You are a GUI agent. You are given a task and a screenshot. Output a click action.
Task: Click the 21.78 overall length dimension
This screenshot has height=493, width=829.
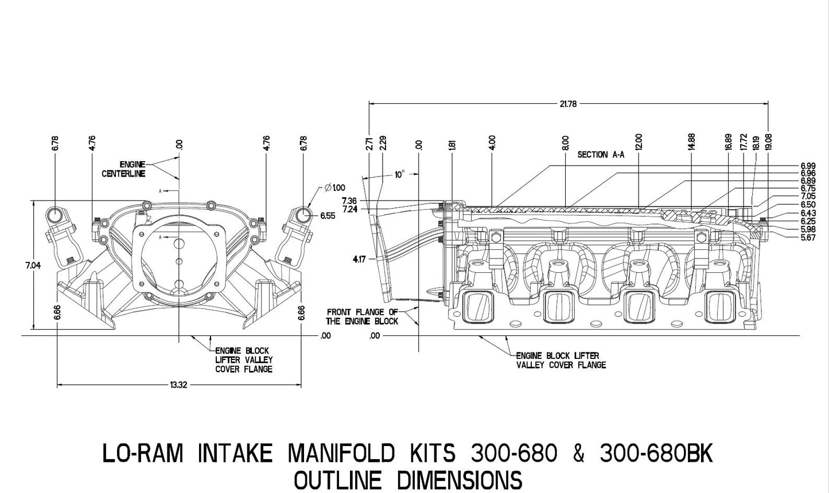[567, 104]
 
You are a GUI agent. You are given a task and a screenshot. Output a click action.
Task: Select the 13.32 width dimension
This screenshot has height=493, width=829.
[179, 385]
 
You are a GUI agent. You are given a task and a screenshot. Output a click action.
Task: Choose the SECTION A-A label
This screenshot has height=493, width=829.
[600, 155]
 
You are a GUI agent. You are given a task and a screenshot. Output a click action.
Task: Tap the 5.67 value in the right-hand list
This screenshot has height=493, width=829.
[808, 238]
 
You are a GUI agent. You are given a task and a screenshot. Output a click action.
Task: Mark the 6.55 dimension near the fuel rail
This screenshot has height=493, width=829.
[328, 216]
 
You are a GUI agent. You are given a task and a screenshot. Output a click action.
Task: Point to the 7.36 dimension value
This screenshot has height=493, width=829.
[349, 201]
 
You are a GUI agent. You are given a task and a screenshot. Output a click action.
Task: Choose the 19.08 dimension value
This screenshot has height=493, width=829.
[769, 142]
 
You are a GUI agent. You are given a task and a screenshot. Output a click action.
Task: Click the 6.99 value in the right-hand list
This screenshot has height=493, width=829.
[808, 166]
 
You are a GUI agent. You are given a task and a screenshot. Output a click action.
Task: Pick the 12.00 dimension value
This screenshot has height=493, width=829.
[639, 142]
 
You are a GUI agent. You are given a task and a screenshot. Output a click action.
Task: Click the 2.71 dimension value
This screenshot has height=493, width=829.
[369, 143]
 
